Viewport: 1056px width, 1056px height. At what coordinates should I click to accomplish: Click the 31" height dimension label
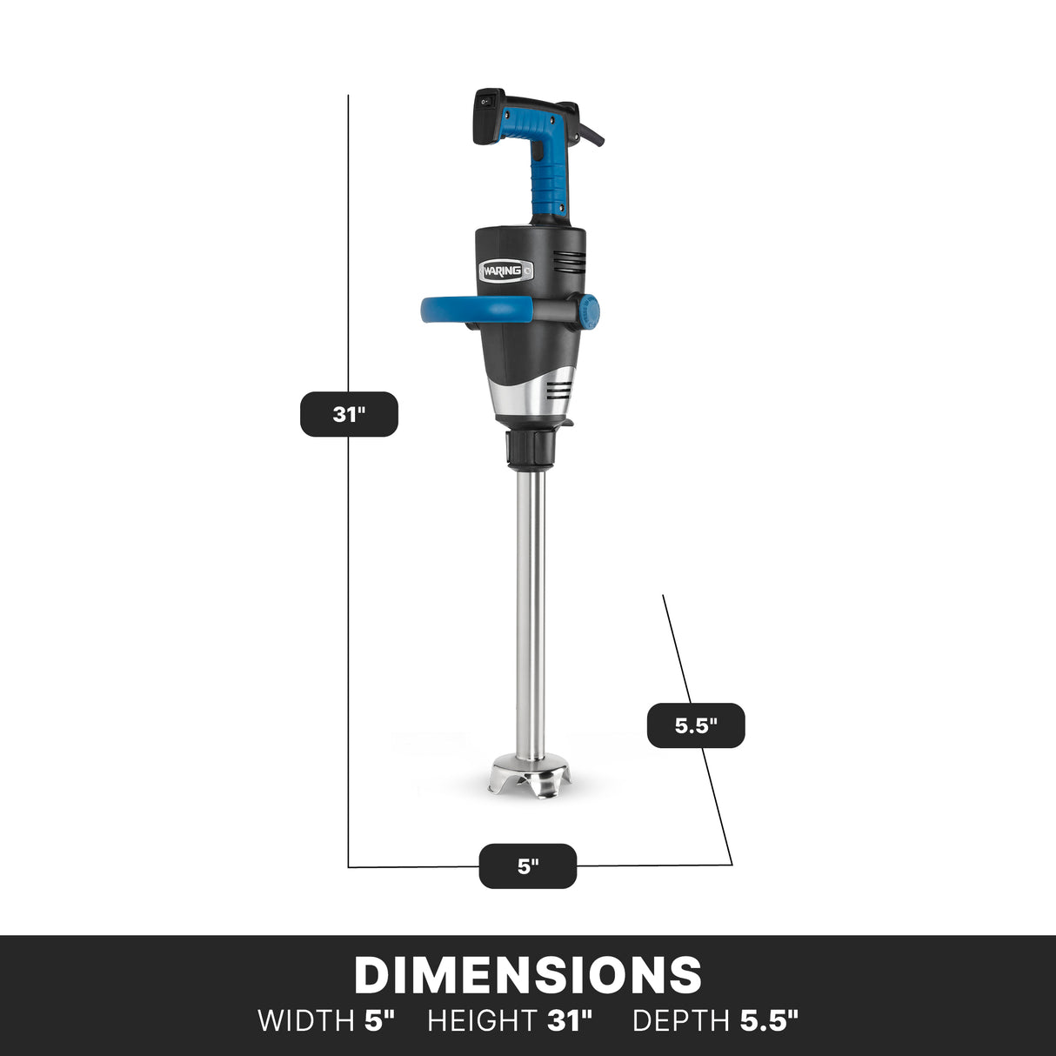349,414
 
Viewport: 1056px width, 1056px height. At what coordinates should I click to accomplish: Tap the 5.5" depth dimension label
696,725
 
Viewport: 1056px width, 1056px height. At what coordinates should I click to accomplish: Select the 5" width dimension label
528,866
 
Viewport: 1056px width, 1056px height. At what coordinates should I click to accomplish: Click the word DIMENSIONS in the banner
528,975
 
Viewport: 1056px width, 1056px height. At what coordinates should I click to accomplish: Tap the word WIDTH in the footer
305,1020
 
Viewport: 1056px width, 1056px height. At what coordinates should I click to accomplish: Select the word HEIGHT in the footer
482,1020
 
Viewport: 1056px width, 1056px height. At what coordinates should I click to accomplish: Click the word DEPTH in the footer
681,1020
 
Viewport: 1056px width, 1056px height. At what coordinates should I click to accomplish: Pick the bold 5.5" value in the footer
769,1020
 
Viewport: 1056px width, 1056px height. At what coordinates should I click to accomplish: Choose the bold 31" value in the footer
570,1020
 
